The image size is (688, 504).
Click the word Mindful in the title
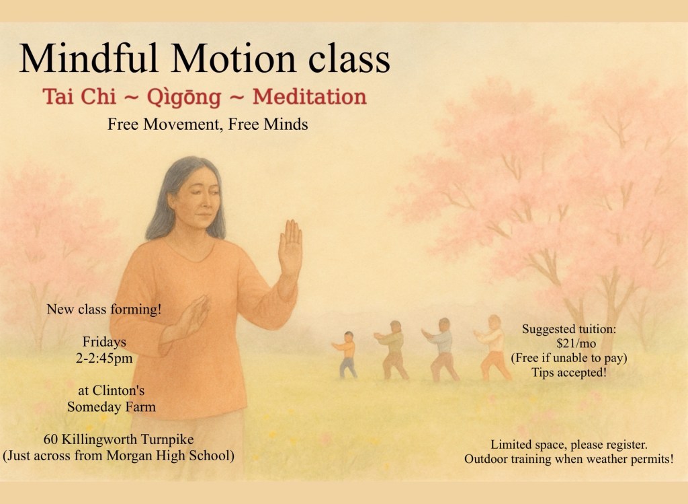click(88, 58)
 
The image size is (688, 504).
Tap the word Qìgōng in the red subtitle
click(184, 98)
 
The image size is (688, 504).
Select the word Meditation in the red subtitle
click(309, 96)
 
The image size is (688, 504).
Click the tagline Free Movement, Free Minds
click(208, 124)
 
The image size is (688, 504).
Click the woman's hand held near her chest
click(193, 315)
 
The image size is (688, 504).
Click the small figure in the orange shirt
click(347, 355)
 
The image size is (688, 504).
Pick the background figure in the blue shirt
click(441, 350)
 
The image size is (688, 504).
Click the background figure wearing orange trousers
click(493, 348)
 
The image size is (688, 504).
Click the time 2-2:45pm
click(104, 358)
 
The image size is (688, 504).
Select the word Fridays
click(104, 342)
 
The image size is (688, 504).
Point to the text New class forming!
click(104, 310)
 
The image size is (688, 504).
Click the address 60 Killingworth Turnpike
click(118, 439)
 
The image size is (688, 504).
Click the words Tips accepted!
click(569, 373)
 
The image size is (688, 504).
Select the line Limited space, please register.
click(569, 445)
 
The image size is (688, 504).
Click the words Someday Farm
click(112, 407)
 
